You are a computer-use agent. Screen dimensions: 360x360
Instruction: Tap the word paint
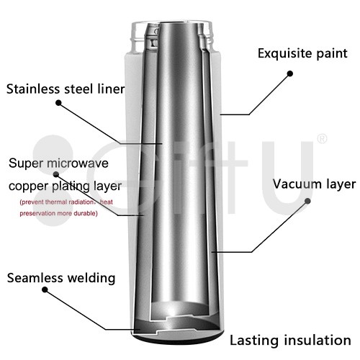(x=332, y=54)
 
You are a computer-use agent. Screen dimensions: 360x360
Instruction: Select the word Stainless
(x=34, y=89)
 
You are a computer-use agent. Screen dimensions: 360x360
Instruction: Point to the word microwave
(x=78, y=163)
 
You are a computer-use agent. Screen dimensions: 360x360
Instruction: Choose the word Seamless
(x=35, y=278)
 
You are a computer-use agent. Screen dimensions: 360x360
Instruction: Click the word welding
(x=91, y=279)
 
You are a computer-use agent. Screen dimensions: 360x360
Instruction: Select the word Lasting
(x=255, y=341)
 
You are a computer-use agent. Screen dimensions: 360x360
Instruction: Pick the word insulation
(x=318, y=341)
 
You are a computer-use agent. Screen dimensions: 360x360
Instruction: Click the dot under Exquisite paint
(x=290, y=73)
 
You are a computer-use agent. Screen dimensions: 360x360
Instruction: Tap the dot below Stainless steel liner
(x=58, y=103)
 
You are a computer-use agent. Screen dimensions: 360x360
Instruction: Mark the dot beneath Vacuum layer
(x=307, y=201)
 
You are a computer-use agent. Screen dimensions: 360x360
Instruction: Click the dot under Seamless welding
(x=45, y=289)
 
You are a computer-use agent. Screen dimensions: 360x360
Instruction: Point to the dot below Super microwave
(x=56, y=174)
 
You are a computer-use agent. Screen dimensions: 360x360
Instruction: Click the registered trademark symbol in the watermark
(x=322, y=139)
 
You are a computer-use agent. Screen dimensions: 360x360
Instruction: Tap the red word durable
(x=85, y=213)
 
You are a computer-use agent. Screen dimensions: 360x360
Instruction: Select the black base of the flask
(x=178, y=341)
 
